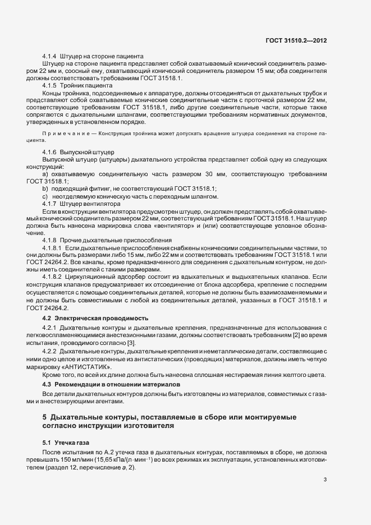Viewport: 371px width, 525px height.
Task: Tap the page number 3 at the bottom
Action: tap(326, 480)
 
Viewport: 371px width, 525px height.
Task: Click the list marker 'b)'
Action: tap(45, 189)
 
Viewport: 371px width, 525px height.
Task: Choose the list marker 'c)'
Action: tap(45, 196)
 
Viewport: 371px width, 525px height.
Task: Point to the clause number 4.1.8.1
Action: tap(53, 247)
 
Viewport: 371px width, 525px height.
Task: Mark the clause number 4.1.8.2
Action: tap(53, 277)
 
